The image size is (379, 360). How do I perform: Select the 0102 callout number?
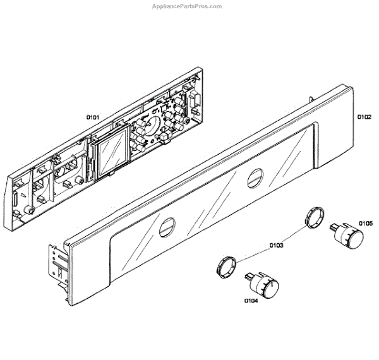[364, 117]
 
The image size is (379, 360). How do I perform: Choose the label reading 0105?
[366, 223]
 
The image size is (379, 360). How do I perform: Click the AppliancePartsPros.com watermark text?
[188, 6]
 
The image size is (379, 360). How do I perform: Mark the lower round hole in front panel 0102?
[168, 225]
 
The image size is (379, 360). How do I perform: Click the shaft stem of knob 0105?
[332, 225]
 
